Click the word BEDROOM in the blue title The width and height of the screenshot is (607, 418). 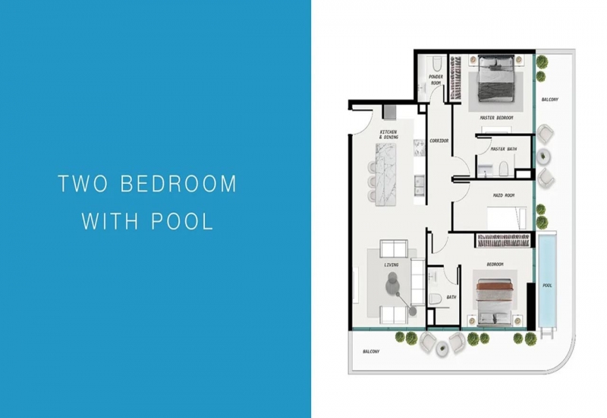[x=178, y=183]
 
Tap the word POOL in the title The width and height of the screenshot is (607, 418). [x=182, y=221]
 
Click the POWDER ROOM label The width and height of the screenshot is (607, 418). [x=436, y=80]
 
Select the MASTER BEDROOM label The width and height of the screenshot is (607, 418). [x=496, y=118]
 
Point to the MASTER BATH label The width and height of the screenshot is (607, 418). [x=503, y=149]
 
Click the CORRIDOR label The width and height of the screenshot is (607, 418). [x=439, y=141]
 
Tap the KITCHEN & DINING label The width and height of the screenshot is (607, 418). [x=388, y=135]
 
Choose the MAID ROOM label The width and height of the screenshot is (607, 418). [x=504, y=195]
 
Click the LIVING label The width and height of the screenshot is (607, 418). [x=391, y=264]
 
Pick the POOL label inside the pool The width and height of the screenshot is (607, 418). [x=547, y=286]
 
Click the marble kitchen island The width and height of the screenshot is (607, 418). [x=385, y=173]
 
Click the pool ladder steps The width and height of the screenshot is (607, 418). [x=546, y=332]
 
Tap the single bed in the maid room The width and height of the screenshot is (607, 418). [x=507, y=218]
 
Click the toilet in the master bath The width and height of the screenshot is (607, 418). [x=503, y=169]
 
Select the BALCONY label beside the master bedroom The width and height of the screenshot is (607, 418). [x=549, y=100]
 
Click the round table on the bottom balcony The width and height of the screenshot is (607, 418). [x=442, y=347]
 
